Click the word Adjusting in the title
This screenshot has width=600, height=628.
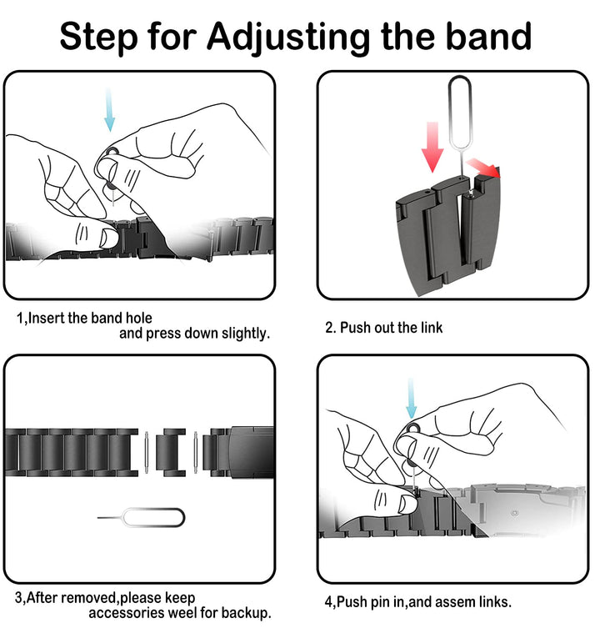pos(288,37)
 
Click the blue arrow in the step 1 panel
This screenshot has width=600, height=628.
pos(109,110)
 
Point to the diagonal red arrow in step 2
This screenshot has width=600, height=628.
pos(483,167)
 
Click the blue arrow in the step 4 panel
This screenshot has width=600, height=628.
pos(411,398)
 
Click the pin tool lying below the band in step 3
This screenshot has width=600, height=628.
pos(141,517)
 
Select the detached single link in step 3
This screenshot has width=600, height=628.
pos(171,452)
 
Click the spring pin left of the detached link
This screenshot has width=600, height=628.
pos(147,453)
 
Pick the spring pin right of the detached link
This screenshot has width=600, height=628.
pos(195,453)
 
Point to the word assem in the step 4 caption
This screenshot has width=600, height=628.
pos(454,602)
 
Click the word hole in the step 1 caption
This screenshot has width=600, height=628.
pos(139,318)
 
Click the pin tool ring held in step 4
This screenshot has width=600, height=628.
pos(413,430)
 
